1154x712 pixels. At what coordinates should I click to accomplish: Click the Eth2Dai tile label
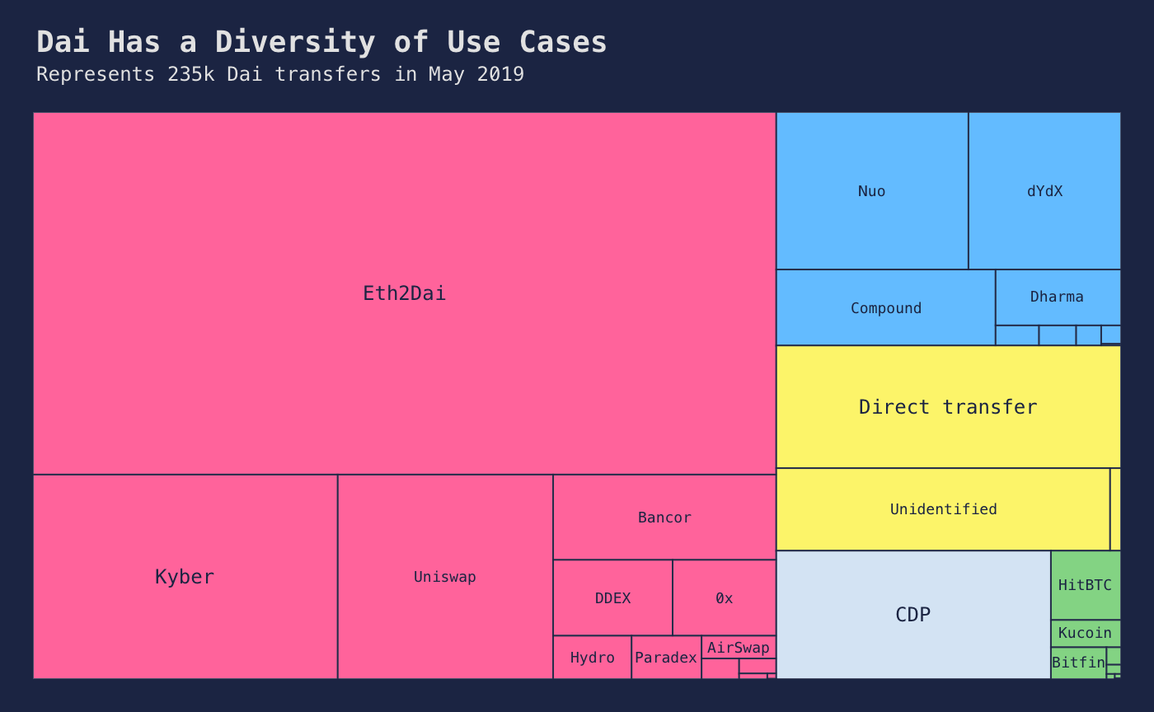coord(404,293)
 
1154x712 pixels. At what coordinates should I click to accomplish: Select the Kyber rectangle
coord(185,577)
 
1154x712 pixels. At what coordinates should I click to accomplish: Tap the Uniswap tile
coord(445,577)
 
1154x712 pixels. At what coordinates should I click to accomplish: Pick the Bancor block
coord(664,518)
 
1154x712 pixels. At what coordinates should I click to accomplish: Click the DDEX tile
coord(612,598)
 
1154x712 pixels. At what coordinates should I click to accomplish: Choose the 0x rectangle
coord(724,598)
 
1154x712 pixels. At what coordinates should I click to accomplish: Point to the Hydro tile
coord(592,658)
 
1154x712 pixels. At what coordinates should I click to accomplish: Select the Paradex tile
coord(666,658)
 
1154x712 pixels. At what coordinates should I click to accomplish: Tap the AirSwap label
coord(739,648)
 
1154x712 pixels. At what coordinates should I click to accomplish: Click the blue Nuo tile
coord(871,191)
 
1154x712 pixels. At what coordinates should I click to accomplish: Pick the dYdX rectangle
coord(1044,191)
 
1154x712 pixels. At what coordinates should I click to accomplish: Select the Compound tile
coord(885,308)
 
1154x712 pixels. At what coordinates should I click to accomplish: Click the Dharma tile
coord(1057,297)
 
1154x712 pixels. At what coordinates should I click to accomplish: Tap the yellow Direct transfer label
coord(948,407)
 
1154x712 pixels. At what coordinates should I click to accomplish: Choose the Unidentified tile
coord(943,509)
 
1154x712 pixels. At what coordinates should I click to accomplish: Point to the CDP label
coord(912,615)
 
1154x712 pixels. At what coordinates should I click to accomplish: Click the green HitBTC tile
coord(1085,585)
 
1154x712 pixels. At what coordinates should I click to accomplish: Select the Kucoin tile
coord(1085,633)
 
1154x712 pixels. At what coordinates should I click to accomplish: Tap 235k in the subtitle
coord(190,74)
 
